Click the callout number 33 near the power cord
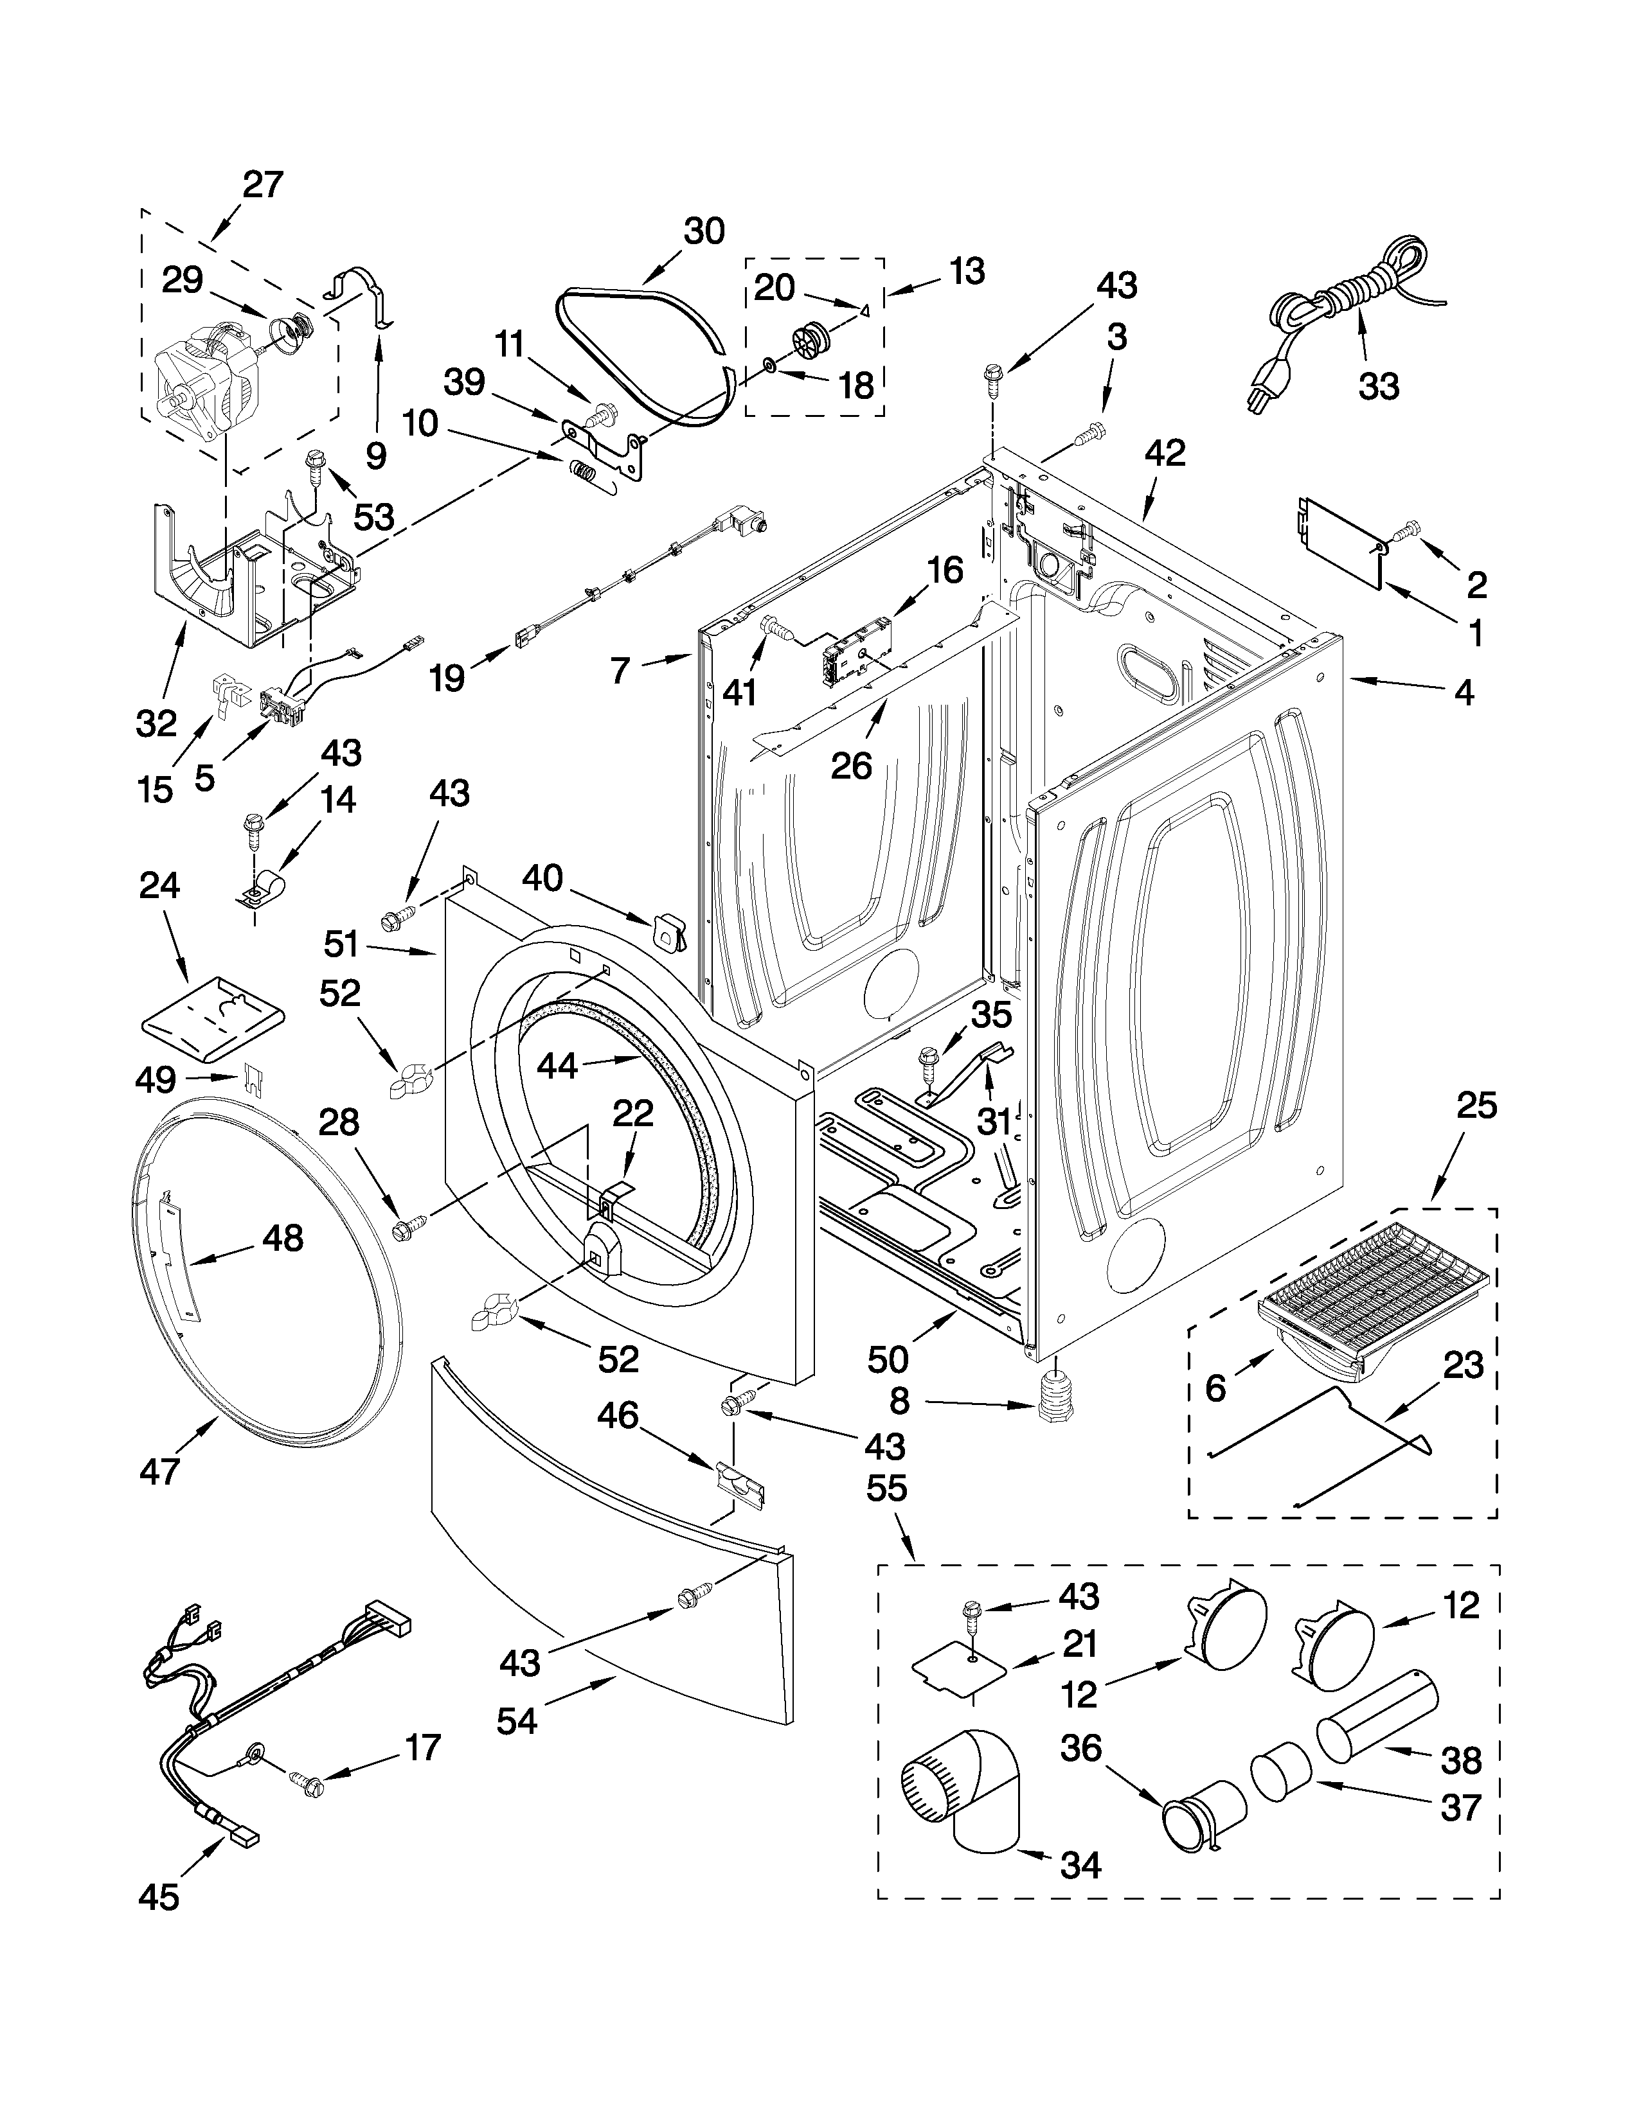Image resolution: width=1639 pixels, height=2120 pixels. [1379, 385]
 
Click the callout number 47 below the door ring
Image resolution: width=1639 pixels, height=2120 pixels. [159, 1472]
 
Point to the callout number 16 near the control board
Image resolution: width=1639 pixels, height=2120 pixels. [944, 570]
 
